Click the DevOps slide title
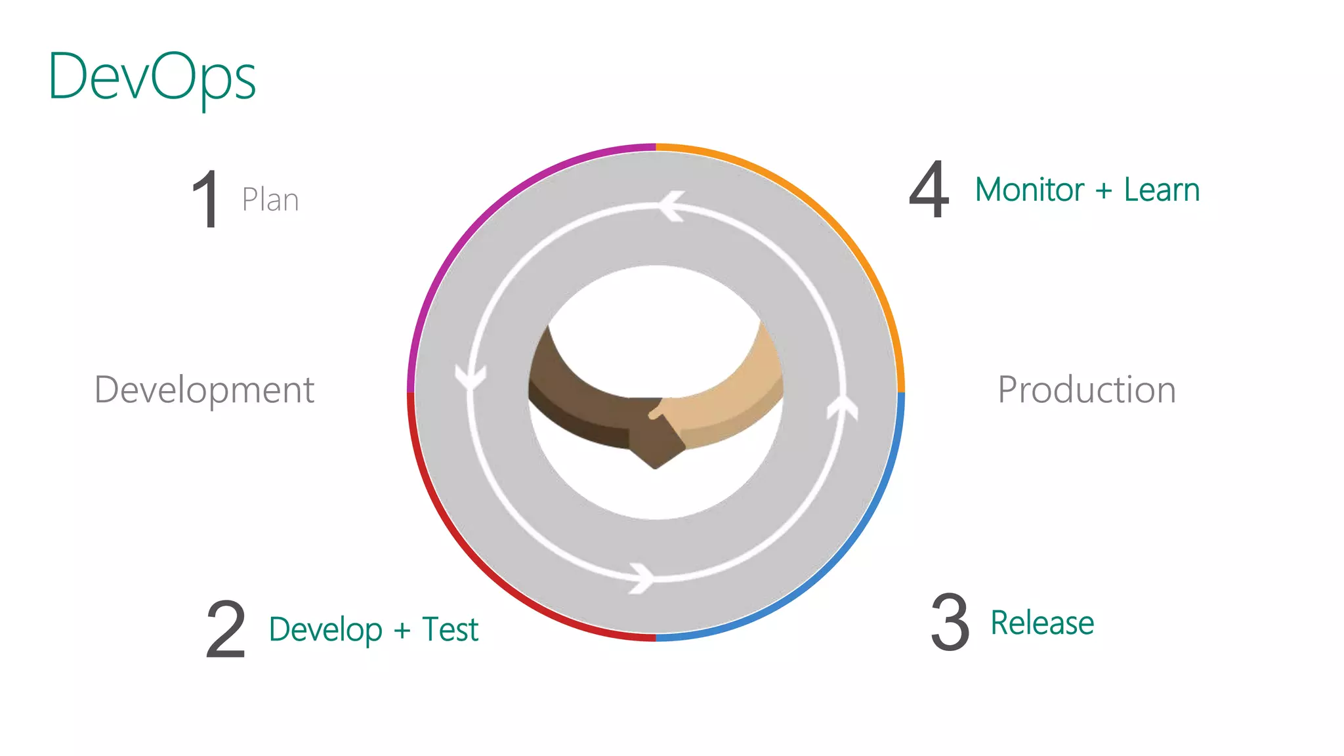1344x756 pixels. [x=152, y=77]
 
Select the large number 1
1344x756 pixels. [x=206, y=199]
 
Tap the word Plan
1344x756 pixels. [x=270, y=199]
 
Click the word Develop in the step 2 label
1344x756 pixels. [x=325, y=630]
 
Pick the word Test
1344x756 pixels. [x=450, y=629]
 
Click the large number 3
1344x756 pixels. [x=950, y=622]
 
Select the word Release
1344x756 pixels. [x=1042, y=623]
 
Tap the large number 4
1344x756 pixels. [x=929, y=190]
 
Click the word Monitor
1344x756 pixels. [x=1029, y=190]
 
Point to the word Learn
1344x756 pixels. [x=1162, y=190]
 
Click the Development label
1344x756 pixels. [x=205, y=390]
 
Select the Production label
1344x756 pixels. [x=1087, y=390]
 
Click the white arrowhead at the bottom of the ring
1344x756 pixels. [x=642, y=578]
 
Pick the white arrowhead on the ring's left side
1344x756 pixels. [x=471, y=378]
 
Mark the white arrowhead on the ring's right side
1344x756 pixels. [x=843, y=406]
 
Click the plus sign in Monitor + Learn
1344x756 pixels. [x=1104, y=191]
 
